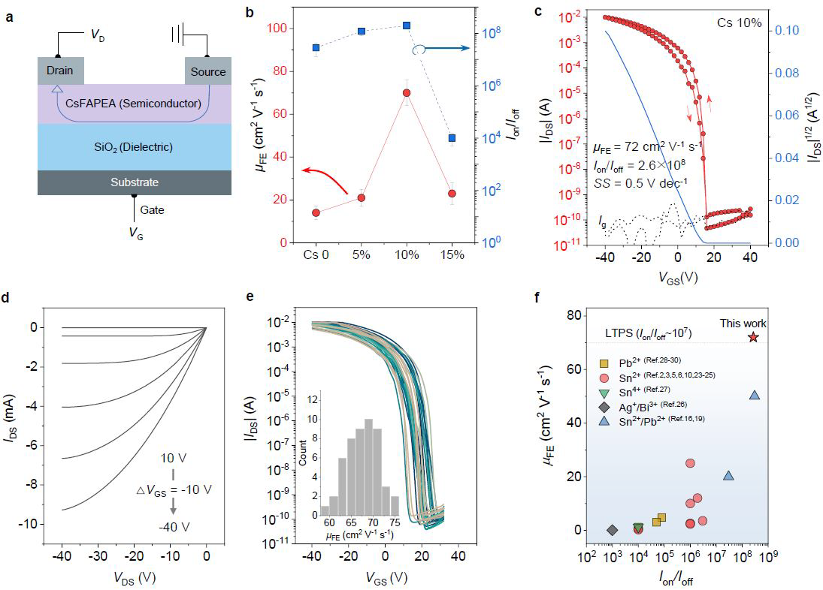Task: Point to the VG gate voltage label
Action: [x=135, y=236]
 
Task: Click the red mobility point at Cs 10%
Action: [x=407, y=92]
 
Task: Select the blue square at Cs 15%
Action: [x=452, y=138]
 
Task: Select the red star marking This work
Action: [x=753, y=337]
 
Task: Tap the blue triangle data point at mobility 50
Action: [x=755, y=395]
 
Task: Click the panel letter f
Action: [x=537, y=296]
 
